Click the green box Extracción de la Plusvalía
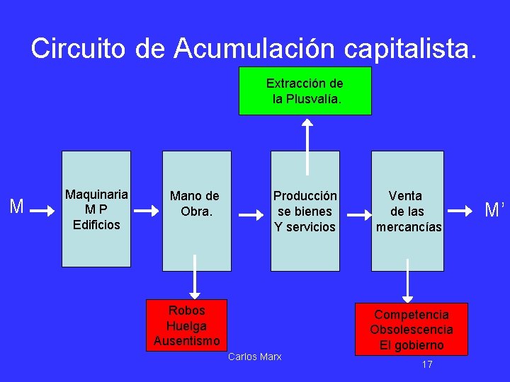305,91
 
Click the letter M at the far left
17,207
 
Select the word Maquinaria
96,195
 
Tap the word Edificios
96,225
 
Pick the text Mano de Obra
195,204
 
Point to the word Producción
305,196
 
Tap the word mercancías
409,227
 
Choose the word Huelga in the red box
187,326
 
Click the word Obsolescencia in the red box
412,330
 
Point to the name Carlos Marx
255,357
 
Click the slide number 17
427,364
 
